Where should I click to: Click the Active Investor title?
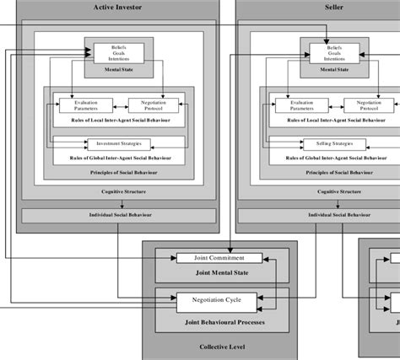coord(118,8)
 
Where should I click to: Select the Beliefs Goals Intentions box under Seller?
coord(335,53)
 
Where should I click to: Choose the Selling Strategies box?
coord(335,143)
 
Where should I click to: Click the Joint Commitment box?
coord(214,257)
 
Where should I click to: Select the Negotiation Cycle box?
coord(214,298)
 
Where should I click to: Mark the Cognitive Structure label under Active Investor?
coord(118,191)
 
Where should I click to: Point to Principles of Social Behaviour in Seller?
coord(335,171)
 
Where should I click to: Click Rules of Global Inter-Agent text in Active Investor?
coord(118,157)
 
